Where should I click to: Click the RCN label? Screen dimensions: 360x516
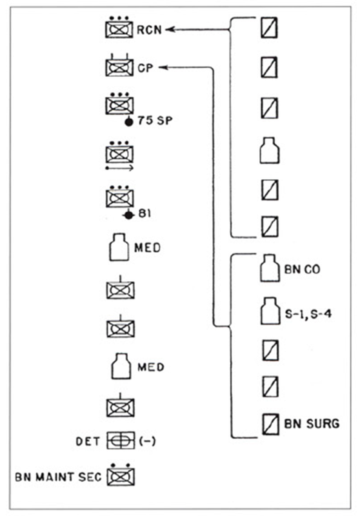(150, 30)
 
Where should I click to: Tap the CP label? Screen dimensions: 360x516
(145, 68)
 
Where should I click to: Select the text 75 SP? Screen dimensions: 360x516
(155, 121)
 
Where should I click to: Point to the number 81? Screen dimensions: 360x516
(145, 213)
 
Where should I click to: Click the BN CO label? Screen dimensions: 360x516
(302, 270)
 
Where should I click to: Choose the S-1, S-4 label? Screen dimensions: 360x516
(308, 314)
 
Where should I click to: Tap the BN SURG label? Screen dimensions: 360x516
(312, 424)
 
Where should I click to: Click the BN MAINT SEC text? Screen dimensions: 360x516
(59, 477)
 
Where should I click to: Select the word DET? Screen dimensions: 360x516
(88, 441)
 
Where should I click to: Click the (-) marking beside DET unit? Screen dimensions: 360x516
(147, 441)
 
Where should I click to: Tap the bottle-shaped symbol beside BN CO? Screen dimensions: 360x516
(270, 268)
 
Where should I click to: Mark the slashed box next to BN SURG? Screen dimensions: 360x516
(271, 424)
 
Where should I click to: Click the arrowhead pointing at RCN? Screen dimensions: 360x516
(170, 30)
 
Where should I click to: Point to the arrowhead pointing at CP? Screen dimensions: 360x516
(163, 68)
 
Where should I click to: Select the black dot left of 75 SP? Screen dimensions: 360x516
(129, 122)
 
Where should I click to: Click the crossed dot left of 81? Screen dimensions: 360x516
(129, 215)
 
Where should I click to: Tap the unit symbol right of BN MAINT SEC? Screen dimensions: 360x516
(121, 475)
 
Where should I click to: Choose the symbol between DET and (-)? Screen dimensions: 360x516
(121, 441)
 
